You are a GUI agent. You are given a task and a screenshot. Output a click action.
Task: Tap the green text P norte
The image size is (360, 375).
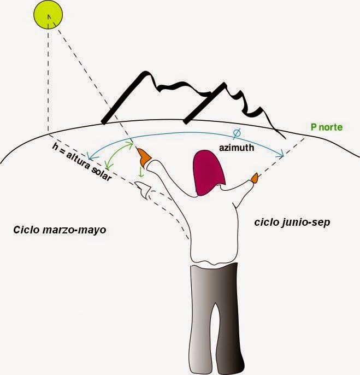click(327, 127)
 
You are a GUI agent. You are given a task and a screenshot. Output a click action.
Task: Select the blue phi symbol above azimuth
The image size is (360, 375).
click(237, 132)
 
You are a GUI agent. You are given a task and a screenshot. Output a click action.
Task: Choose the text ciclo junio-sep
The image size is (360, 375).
click(292, 222)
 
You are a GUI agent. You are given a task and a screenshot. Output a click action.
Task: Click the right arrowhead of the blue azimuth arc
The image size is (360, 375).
click(281, 156)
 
